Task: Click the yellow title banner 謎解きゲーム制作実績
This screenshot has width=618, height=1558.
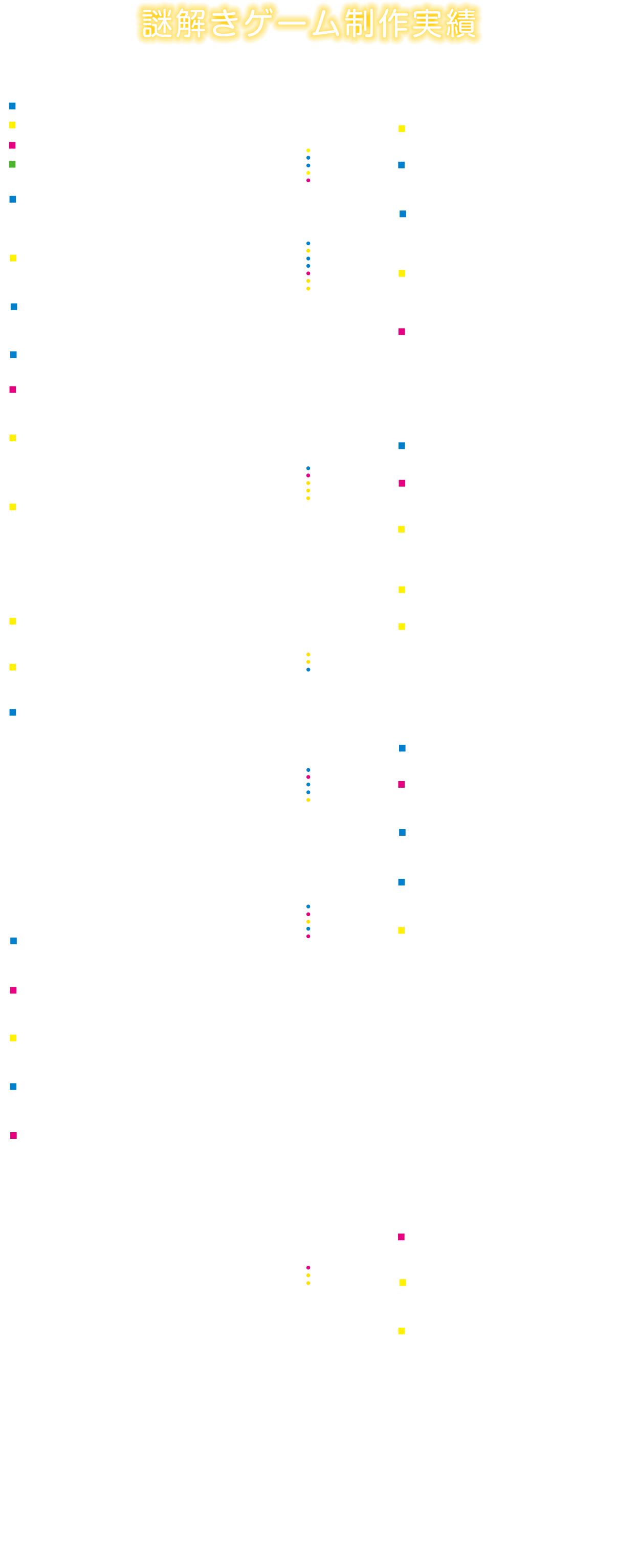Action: [308, 24]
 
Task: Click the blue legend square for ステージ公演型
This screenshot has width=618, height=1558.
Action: [12, 106]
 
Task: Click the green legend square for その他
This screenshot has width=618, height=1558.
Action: [12, 164]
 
